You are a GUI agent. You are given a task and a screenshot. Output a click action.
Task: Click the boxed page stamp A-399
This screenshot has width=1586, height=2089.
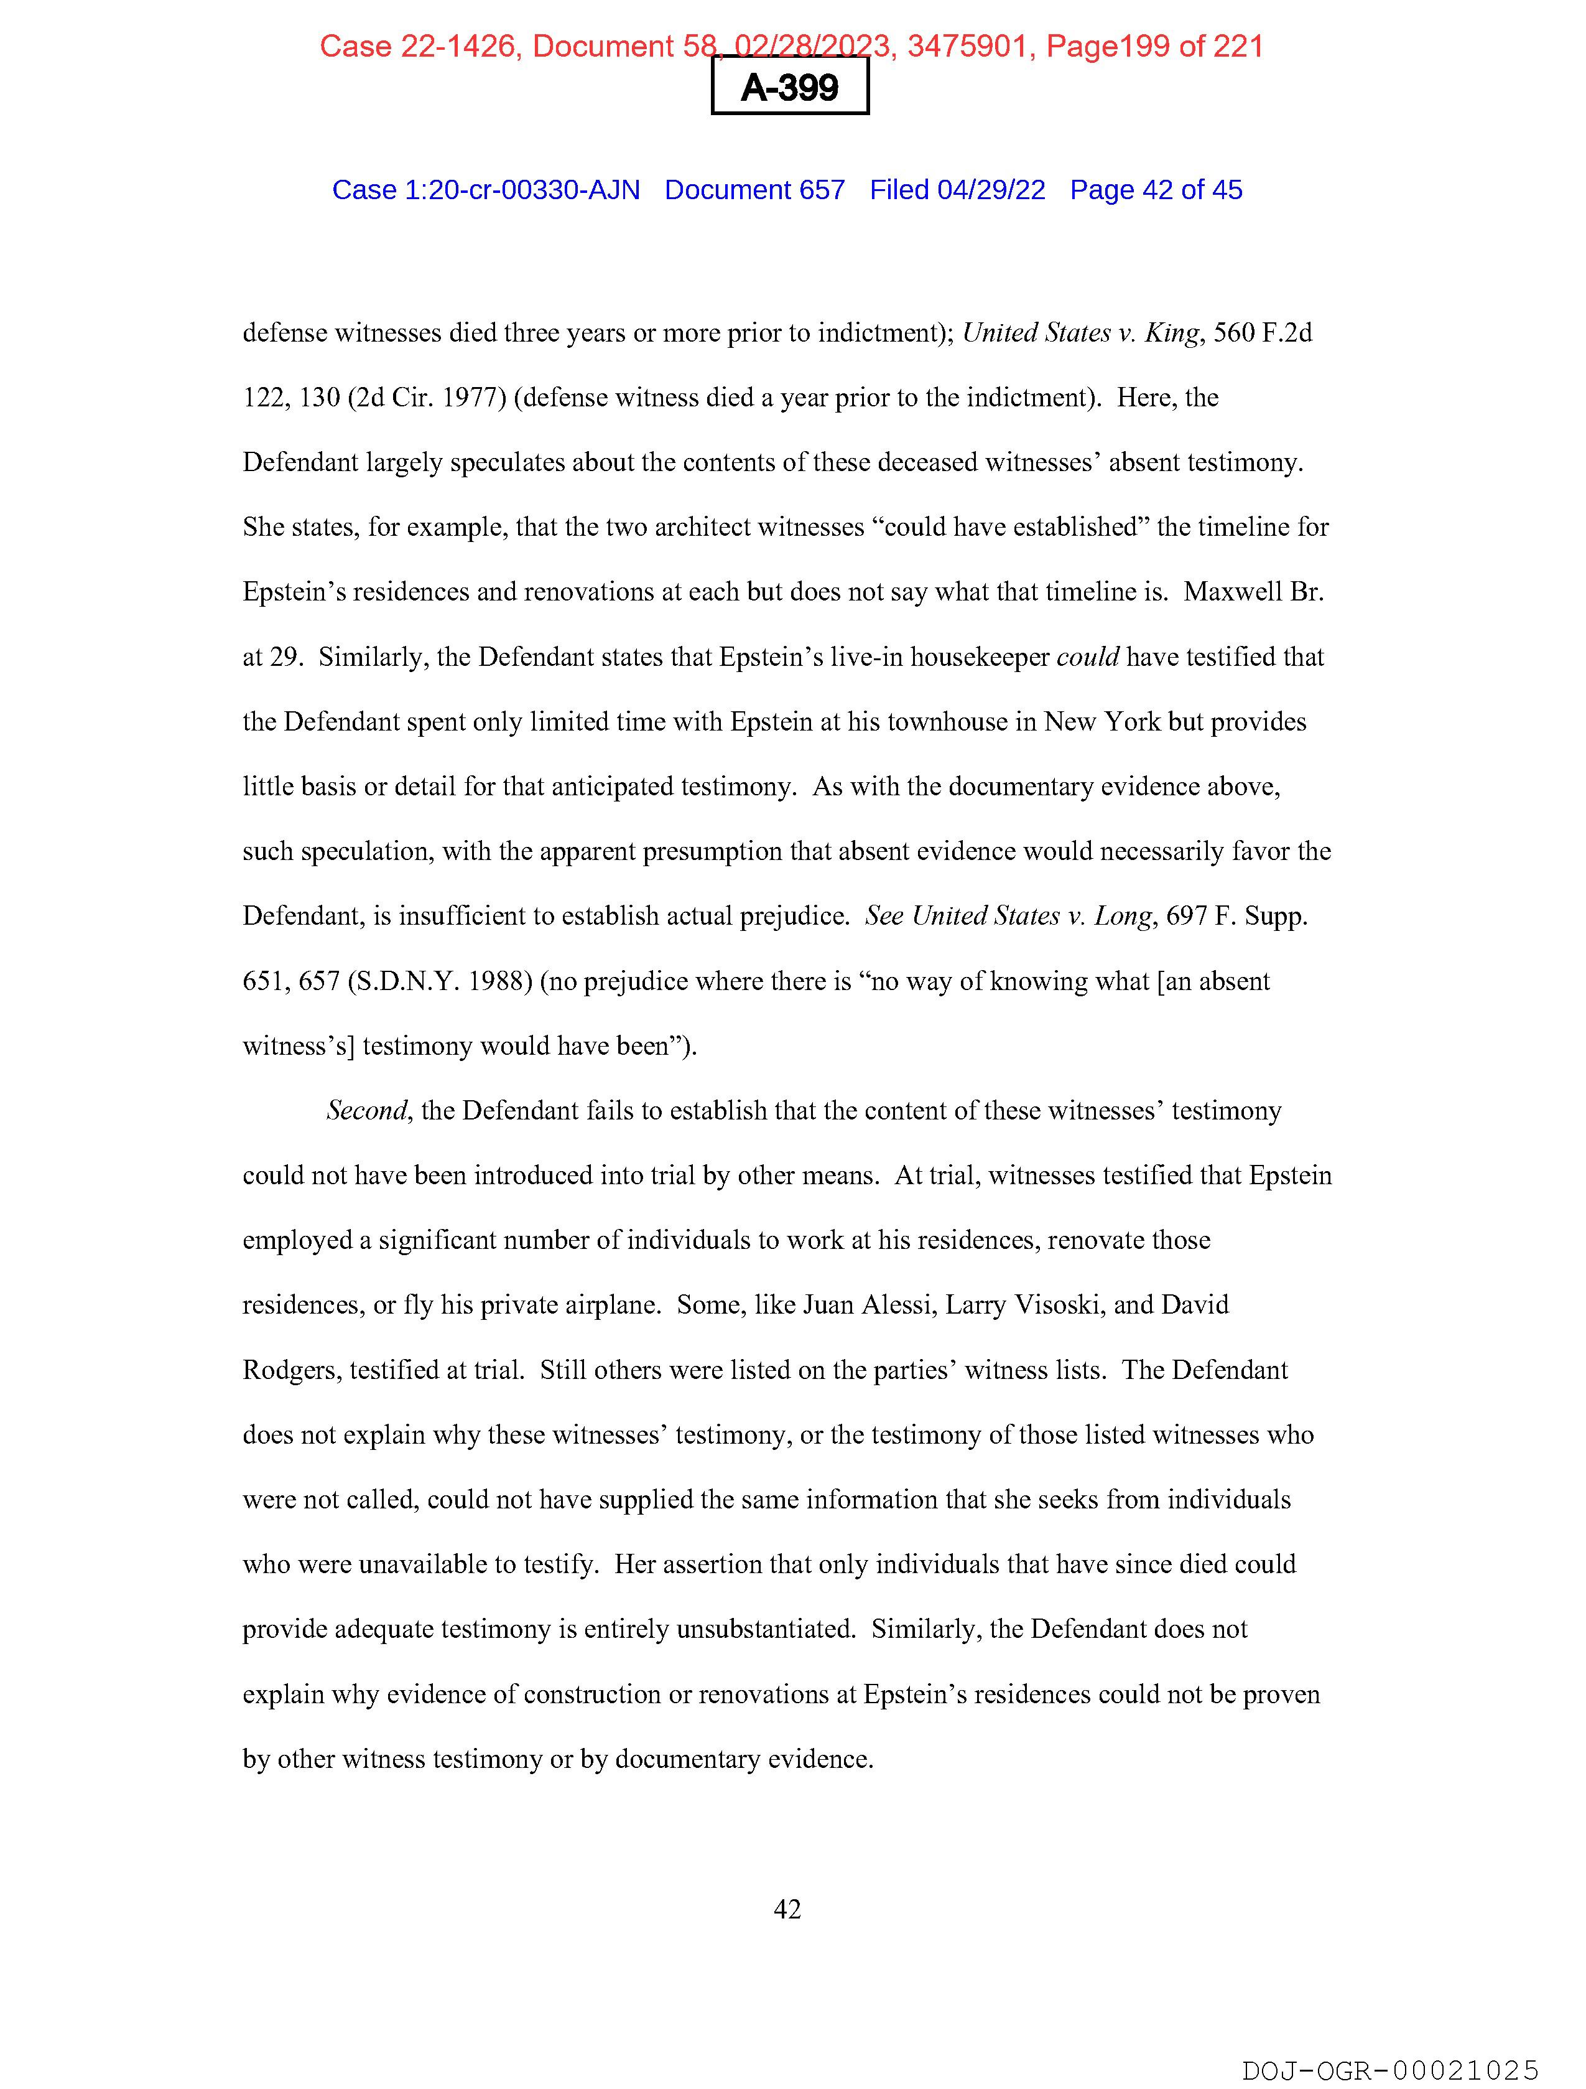pyautogui.click(x=789, y=87)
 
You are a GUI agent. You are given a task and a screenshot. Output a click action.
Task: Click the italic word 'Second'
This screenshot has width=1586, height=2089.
pyautogui.click(x=367, y=1111)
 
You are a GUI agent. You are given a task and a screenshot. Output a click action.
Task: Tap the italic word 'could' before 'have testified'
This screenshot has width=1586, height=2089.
pyautogui.click(x=1088, y=657)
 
